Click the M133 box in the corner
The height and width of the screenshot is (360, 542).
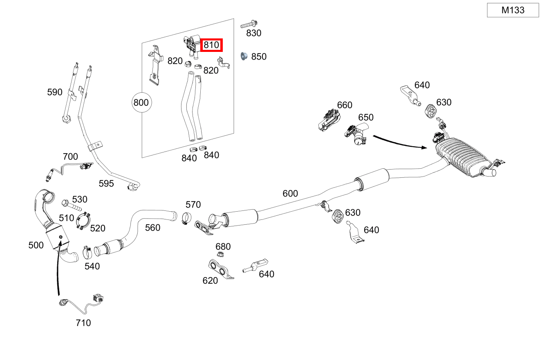coord(513,10)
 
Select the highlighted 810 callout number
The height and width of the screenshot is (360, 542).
coord(211,45)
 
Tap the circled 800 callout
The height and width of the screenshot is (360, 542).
coord(141,102)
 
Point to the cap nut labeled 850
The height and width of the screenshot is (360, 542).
coord(244,56)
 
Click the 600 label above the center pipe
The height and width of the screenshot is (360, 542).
coord(290,193)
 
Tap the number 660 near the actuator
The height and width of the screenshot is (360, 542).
coord(345,105)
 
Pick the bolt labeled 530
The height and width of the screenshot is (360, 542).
coord(66,203)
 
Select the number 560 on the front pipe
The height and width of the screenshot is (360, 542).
coord(152,228)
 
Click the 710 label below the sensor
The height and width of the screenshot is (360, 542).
coord(83,323)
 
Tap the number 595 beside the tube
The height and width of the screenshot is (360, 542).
coord(106,183)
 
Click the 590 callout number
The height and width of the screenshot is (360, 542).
coord(55,92)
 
